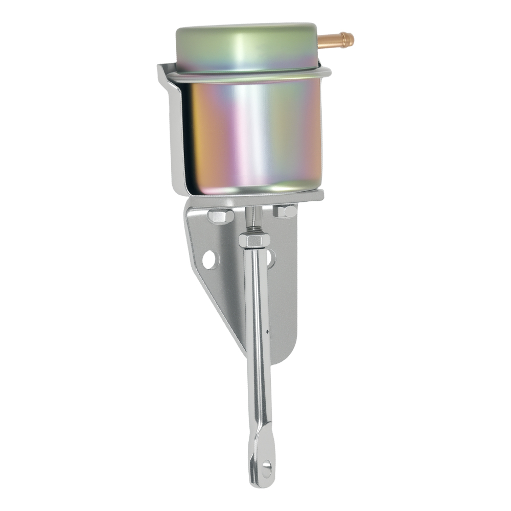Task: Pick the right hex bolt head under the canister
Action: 285,211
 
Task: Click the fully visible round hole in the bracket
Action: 210,260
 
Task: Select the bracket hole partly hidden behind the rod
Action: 270,258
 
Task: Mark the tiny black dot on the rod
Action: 267,331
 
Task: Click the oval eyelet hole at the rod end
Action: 266,467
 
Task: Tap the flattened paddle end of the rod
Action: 262,460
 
